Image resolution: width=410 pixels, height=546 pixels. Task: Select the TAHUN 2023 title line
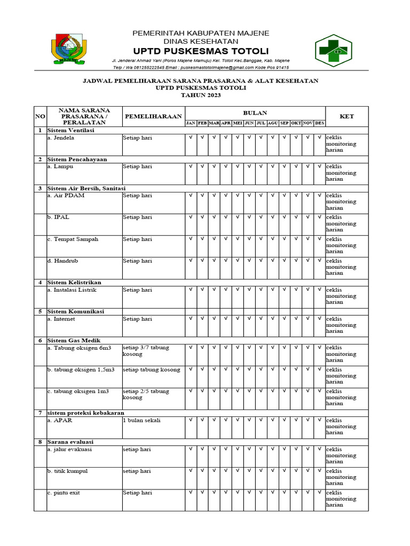pos(201,95)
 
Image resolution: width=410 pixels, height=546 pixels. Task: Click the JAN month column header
pos(191,123)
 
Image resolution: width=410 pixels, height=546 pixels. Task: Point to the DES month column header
pos(319,123)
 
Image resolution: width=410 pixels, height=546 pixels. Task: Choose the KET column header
pos(346,116)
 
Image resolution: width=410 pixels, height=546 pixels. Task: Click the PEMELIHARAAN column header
pos(153,116)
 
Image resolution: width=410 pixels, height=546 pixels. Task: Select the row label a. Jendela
pos(61,138)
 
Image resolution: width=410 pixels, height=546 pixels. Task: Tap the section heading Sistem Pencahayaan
pos(77,159)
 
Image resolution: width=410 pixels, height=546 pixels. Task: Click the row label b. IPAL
pos(58,218)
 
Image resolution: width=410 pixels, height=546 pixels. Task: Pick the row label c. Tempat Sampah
pos(73,239)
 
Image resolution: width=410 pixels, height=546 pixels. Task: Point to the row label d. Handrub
pos(64,261)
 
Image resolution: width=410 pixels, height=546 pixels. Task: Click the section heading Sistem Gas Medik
pos(74,340)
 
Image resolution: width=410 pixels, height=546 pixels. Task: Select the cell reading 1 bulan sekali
pos(141,420)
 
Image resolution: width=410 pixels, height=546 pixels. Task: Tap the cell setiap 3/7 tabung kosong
pos(146,351)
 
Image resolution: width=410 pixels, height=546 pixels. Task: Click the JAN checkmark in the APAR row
pos(191,420)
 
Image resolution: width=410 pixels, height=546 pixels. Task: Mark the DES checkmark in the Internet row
pos(319,319)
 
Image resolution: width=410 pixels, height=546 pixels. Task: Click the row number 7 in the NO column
pos(40,413)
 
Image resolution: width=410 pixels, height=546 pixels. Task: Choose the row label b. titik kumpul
pos(67,471)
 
